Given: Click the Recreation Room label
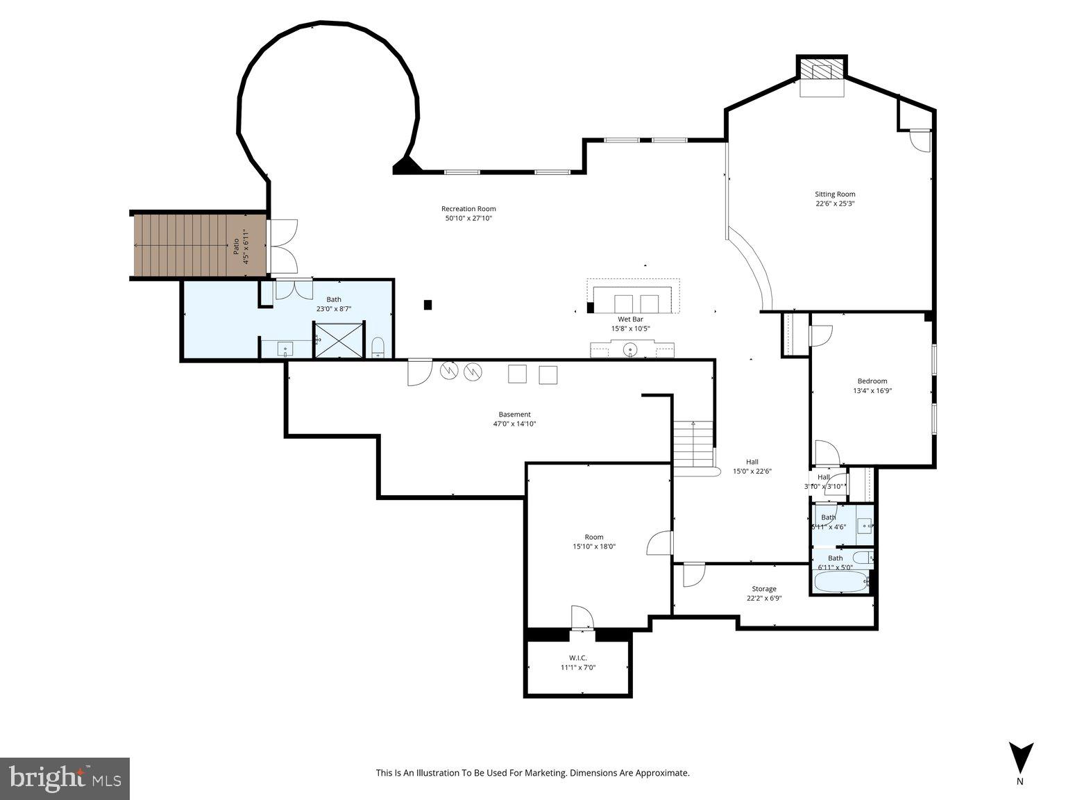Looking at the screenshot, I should click(x=468, y=208).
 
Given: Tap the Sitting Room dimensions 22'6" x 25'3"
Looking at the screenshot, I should click(x=835, y=203).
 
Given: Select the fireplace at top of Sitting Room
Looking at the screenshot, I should click(x=822, y=70).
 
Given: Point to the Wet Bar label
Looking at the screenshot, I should click(x=630, y=319).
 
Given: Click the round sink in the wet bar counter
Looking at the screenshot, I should click(x=630, y=349).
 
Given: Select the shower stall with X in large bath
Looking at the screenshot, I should click(x=339, y=340).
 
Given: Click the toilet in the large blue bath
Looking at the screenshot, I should click(x=378, y=346).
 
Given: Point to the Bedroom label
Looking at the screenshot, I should click(x=872, y=381).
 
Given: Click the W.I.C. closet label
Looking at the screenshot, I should click(x=578, y=657).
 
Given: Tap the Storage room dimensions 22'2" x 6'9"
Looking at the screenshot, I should click(x=764, y=598).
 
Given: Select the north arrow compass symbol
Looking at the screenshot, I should click(x=1020, y=758).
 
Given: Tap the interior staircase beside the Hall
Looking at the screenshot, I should click(x=693, y=444).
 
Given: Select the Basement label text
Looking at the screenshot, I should click(x=514, y=414).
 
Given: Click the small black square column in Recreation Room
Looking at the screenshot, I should click(x=428, y=304).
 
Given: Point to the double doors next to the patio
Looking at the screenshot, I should click(x=284, y=247).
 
